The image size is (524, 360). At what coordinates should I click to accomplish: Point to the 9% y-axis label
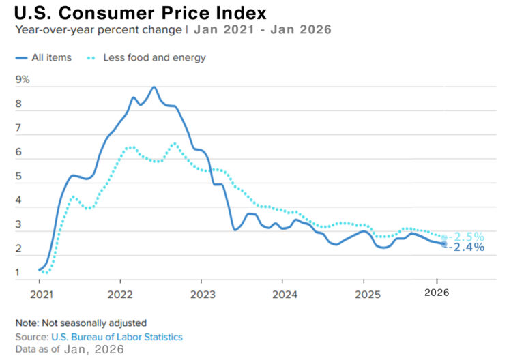point(23,80)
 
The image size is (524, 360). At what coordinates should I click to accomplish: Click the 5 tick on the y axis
point(18,177)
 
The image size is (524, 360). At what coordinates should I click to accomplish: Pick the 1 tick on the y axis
point(18,273)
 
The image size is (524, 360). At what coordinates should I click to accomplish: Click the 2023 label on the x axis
point(201,294)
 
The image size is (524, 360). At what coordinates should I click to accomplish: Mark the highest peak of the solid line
point(154,87)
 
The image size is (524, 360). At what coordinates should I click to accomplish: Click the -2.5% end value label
point(466,237)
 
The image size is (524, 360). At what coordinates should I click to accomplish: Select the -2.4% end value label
point(466,247)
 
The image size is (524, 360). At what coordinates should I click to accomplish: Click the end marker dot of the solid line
point(443,243)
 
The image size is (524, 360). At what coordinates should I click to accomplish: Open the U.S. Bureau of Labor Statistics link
point(117,337)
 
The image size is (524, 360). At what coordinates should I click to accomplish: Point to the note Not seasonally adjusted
point(81,322)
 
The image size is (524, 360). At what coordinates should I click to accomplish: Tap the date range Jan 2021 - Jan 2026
point(263,30)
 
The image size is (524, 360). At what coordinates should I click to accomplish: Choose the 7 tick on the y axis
point(18,128)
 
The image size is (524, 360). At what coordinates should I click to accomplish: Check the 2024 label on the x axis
point(281,294)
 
